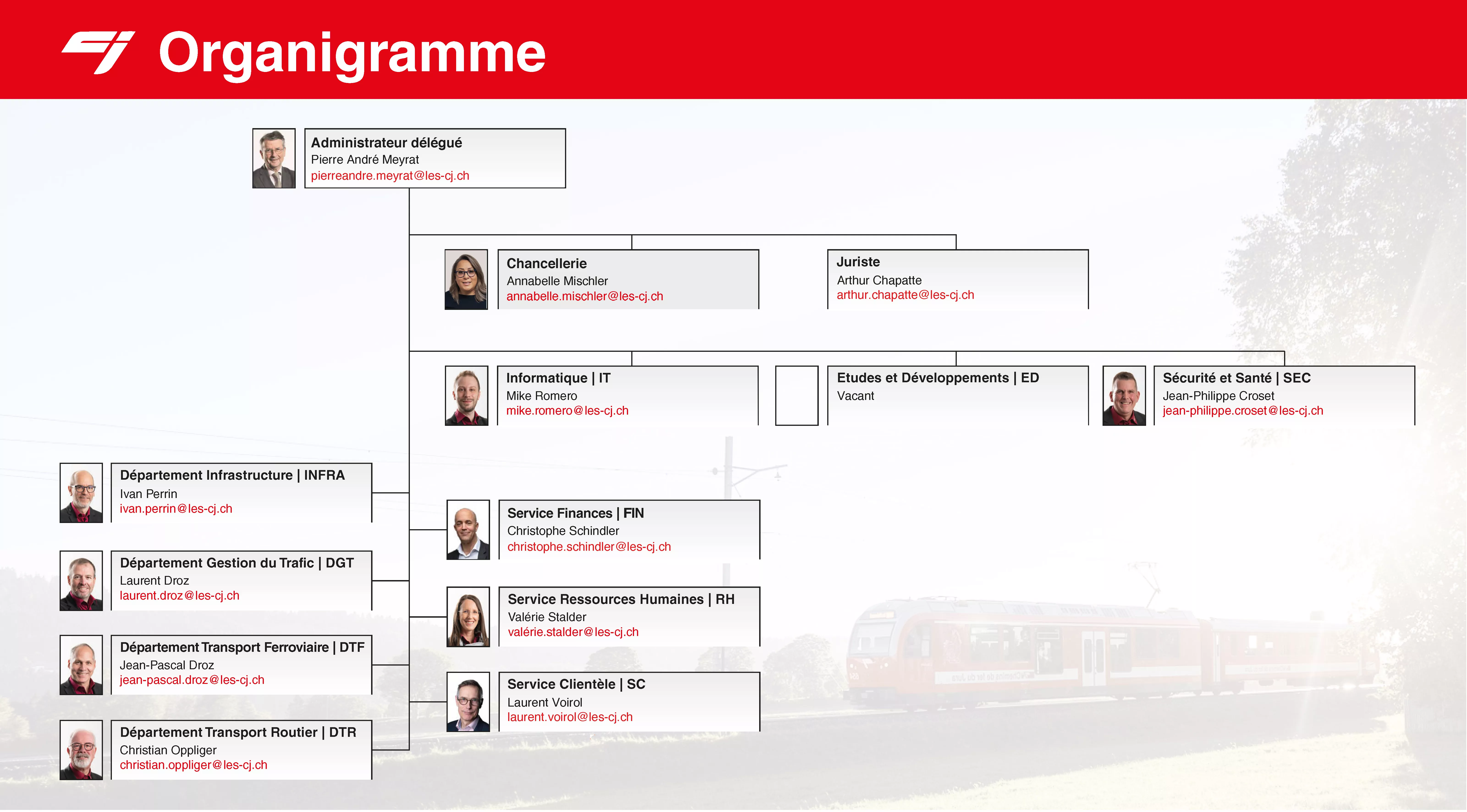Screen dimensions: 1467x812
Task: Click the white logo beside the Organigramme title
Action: click(x=98, y=52)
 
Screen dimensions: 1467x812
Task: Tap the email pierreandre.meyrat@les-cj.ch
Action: click(x=390, y=175)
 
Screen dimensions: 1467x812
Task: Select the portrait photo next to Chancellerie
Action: click(x=466, y=280)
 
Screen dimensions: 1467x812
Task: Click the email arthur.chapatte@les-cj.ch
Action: click(x=905, y=295)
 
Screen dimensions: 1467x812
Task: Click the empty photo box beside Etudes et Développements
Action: click(x=797, y=395)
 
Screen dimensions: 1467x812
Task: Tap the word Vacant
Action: click(x=855, y=396)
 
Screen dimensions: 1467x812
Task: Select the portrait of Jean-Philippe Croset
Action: click(x=1124, y=395)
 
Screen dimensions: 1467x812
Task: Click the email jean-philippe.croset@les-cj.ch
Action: click(x=1243, y=410)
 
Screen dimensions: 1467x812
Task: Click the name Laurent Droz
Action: click(x=154, y=580)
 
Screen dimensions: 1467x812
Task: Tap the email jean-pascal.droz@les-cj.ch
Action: click(x=192, y=680)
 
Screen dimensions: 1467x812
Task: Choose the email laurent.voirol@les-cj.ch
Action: click(x=570, y=717)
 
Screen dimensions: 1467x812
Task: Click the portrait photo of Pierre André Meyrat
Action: click(x=274, y=158)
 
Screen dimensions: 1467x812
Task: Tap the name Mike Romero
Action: click(x=542, y=396)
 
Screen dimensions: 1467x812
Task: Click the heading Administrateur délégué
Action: click(x=387, y=143)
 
